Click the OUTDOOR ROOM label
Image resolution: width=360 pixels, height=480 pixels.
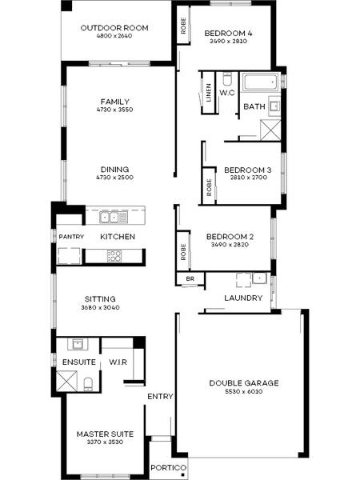pos(116,28)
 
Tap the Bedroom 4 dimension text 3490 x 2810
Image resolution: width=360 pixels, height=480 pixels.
pos(228,42)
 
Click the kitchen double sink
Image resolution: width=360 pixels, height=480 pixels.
pos(109,217)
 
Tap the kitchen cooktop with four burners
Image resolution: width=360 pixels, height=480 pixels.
pos(114,256)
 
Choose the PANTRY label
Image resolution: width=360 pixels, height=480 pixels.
pos(69,237)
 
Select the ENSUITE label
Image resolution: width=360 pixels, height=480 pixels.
pos(78,362)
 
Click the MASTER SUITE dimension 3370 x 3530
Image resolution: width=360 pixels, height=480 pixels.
pos(105,443)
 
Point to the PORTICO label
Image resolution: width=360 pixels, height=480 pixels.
pos(169,467)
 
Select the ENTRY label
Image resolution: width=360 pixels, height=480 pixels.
pos(160,397)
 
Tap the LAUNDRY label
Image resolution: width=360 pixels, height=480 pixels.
pos(244,298)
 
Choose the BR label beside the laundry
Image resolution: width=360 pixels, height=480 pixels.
pos(190,278)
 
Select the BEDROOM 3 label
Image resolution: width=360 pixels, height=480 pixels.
pos(247,170)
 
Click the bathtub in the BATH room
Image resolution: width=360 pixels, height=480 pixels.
pos(258,82)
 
